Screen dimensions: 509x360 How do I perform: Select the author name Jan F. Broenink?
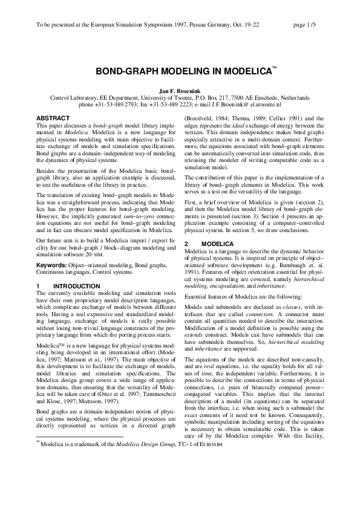180,90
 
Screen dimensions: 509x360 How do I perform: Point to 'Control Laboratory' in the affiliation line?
74,97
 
